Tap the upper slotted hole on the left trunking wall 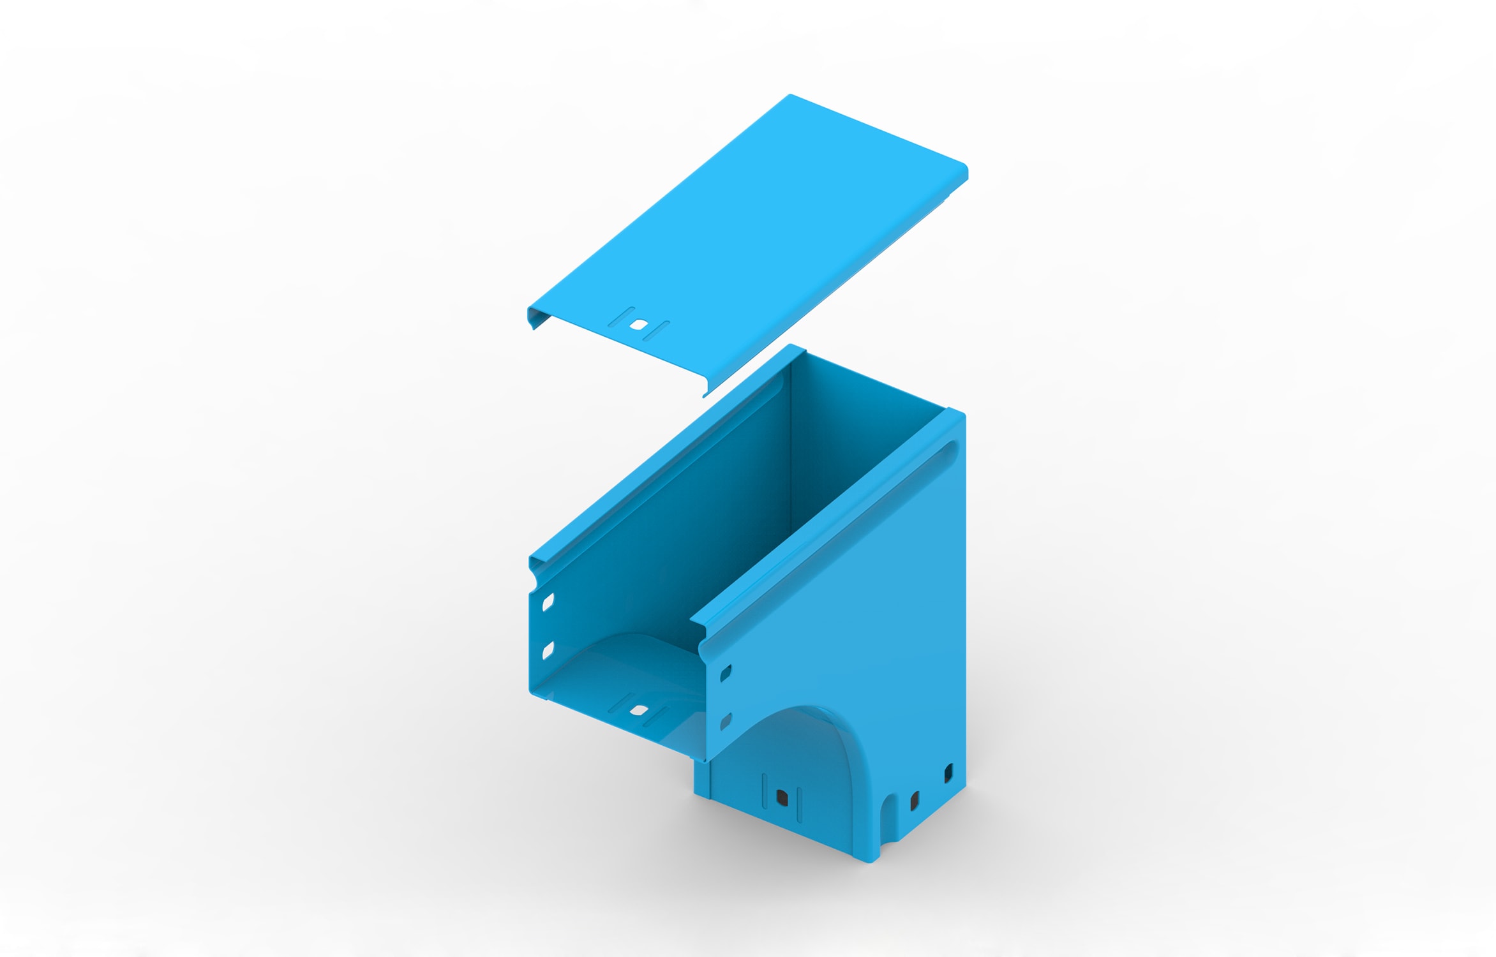(548, 602)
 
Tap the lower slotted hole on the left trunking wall (548, 650)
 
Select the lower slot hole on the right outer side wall (726, 722)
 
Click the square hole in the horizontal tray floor (639, 709)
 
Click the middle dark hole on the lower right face (914, 800)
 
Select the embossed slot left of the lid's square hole (620, 317)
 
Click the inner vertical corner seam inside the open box (791, 447)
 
